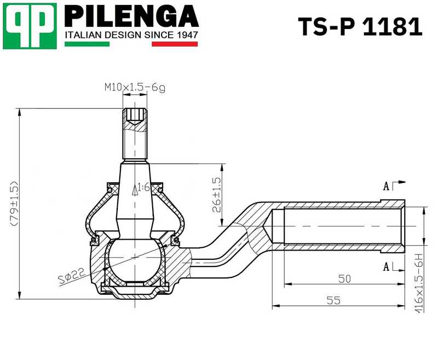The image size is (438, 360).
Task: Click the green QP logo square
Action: point(30,26)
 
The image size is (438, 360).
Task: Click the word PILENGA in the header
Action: point(131,16)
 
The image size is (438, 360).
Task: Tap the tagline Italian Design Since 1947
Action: point(131,35)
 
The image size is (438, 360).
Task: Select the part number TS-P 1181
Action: point(360,27)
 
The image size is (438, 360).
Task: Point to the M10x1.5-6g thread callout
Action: point(135,87)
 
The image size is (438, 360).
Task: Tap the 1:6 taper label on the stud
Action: point(143,187)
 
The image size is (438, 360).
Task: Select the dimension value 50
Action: point(344,278)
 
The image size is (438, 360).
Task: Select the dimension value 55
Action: point(333,300)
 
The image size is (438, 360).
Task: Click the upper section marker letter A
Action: point(387,187)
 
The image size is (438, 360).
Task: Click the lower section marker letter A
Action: point(387,266)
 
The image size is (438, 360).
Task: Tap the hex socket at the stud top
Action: point(135,115)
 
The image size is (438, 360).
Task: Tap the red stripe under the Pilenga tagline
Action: point(174,44)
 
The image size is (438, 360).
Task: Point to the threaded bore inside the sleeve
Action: point(339,225)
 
